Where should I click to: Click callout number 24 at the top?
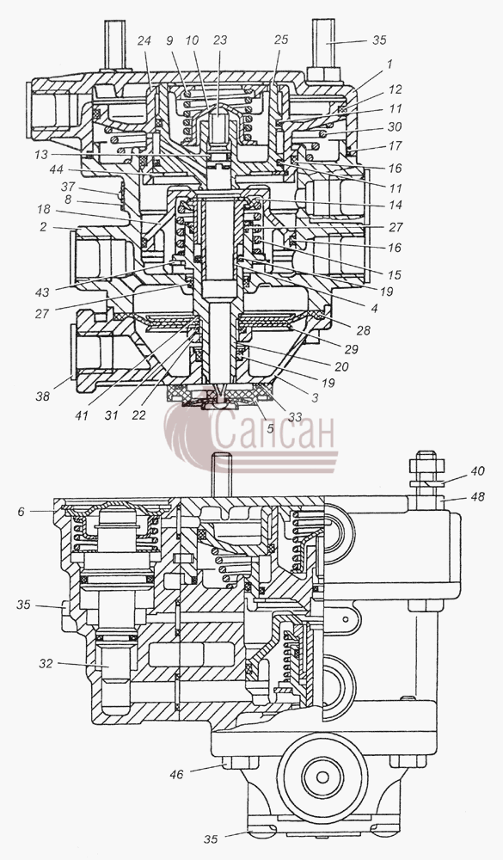coord(145,40)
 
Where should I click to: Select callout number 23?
coord(220,40)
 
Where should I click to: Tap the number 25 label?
coord(280,40)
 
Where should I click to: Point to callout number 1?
coord(390,64)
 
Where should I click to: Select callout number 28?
coord(363,330)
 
